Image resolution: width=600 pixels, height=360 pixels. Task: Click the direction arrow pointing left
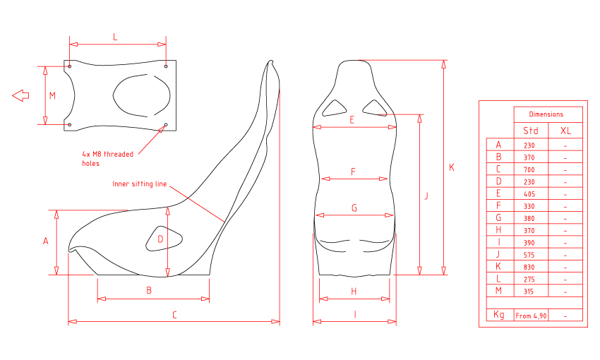point(20,95)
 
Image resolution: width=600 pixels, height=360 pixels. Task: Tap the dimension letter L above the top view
point(115,37)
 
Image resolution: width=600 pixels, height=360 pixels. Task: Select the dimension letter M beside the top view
point(52,95)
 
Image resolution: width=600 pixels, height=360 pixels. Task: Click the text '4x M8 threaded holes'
point(107,159)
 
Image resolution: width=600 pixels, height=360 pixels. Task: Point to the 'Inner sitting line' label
point(140,184)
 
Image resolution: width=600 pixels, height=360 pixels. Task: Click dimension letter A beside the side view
point(46,241)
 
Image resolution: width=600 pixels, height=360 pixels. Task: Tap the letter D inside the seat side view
point(160,239)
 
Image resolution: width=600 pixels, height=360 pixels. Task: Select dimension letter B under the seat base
point(149,290)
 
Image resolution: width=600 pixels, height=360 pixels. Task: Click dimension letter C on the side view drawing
point(174,315)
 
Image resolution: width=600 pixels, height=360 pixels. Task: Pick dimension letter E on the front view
point(352,120)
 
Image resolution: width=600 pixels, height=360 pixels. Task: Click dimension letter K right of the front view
point(452,167)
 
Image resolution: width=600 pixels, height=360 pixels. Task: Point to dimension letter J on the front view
point(426,196)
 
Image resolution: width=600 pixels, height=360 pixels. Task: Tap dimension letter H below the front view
point(354,292)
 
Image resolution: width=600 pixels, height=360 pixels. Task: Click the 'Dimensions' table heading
point(546,114)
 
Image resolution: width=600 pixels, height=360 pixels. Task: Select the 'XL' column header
point(565,131)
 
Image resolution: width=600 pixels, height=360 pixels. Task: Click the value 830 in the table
point(529,267)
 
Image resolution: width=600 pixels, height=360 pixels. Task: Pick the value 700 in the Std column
point(529,169)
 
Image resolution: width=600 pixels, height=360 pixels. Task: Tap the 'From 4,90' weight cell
point(531,316)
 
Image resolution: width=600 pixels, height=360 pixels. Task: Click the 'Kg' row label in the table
point(498,315)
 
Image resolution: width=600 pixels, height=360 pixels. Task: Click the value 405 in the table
point(529,194)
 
